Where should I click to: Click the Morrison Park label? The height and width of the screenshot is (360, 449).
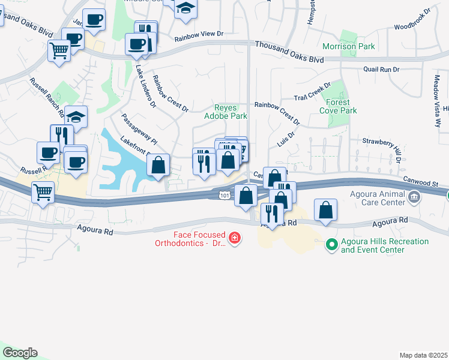pyautogui.click(x=349, y=46)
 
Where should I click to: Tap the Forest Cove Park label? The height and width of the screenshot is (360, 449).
pyautogui.click(x=339, y=106)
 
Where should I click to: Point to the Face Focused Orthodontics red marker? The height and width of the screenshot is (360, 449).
pyautogui.click(x=234, y=239)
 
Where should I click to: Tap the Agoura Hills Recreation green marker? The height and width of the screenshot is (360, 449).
pyautogui.click(x=331, y=244)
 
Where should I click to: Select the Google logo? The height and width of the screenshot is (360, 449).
pyautogui.click(x=20, y=353)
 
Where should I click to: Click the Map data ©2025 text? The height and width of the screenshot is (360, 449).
pyautogui.click(x=423, y=355)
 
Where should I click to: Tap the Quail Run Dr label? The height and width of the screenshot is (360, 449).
pyautogui.click(x=381, y=70)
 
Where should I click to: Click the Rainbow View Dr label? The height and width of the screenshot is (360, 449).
pyautogui.click(x=199, y=38)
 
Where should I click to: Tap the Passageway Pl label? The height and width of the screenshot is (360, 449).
pyautogui.click(x=139, y=129)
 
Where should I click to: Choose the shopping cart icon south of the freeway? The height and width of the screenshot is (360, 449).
pyautogui.click(x=43, y=193)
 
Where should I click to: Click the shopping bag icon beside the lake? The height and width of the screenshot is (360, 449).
pyautogui.click(x=158, y=164)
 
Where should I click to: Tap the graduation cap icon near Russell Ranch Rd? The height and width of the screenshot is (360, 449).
pyautogui.click(x=76, y=115)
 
